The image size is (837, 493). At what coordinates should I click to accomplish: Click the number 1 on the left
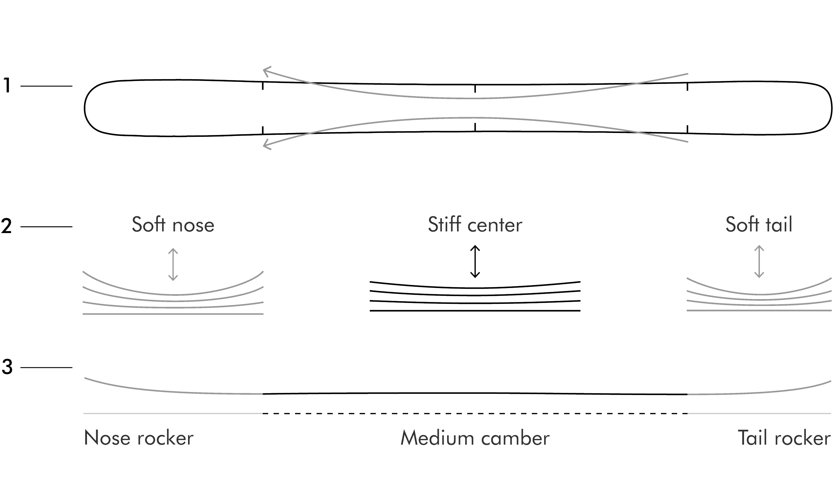pyautogui.click(x=7, y=85)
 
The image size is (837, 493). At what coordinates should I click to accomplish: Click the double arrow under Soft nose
pyautogui.click(x=173, y=264)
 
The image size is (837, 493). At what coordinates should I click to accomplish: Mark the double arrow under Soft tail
pyautogui.click(x=759, y=261)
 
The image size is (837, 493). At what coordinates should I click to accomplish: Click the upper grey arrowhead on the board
pyautogui.click(x=267, y=70)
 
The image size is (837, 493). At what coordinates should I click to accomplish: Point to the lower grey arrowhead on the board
pyautogui.click(x=267, y=145)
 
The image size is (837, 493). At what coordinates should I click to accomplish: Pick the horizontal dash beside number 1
pyautogui.click(x=46, y=86)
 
